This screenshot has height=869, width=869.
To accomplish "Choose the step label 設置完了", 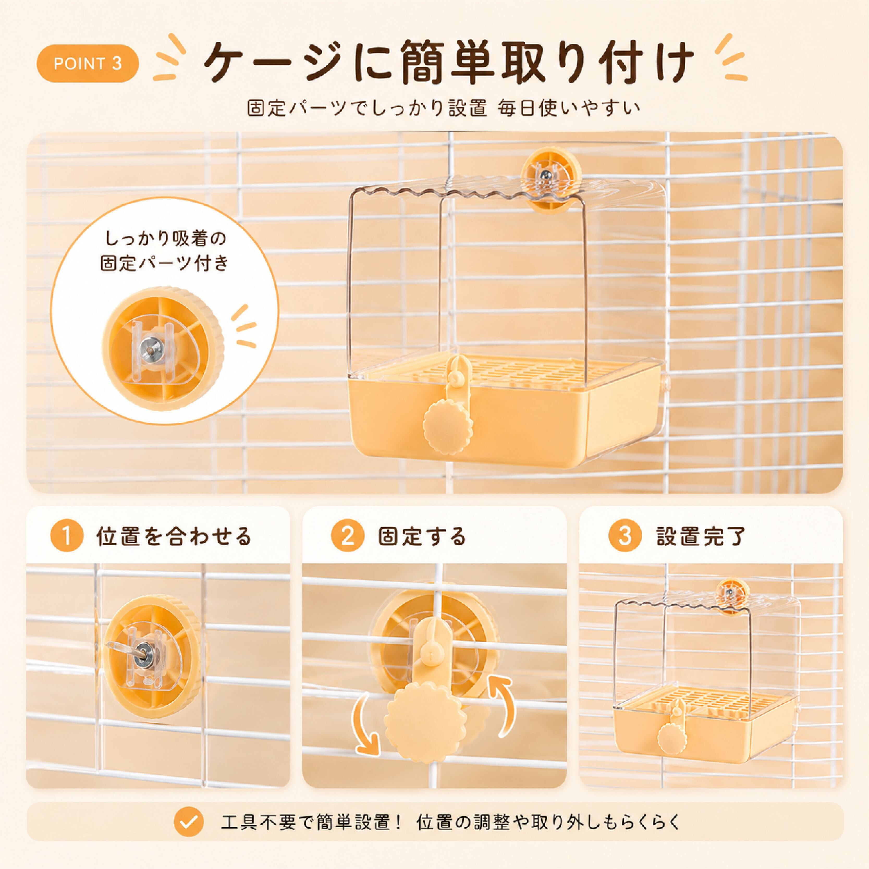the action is pyautogui.click(x=701, y=536).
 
